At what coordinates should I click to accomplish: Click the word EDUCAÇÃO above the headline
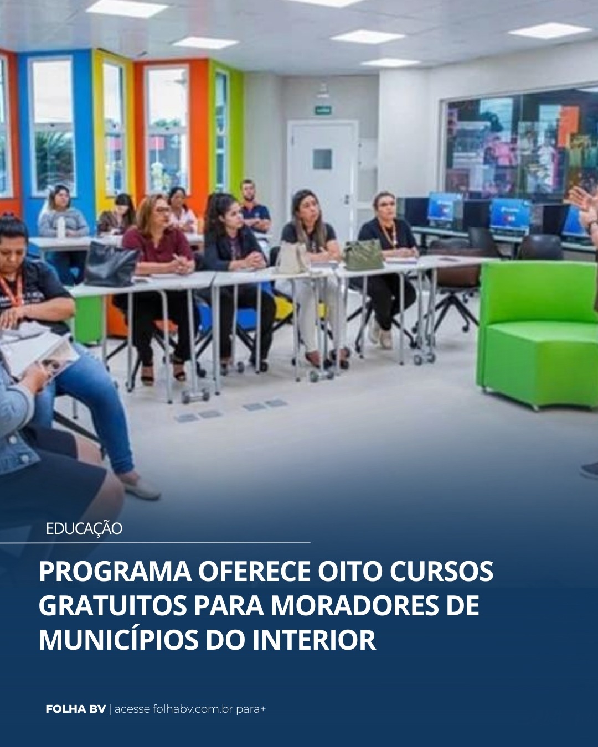click(84, 528)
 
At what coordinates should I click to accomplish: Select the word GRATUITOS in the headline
click(112, 605)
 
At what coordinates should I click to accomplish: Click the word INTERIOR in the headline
click(314, 640)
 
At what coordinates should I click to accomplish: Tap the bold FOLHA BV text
click(75, 709)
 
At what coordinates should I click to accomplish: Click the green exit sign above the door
click(323, 110)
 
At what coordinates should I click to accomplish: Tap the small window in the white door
click(322, 159)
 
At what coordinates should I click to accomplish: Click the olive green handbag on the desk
click(363, 256)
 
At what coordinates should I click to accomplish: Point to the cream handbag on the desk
click(292, 258)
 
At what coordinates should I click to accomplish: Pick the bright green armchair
click(537, 332)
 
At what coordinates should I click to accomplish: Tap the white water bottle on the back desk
click(61, 227)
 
